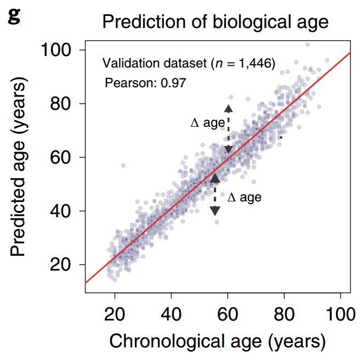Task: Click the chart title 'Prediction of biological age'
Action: point(215,22)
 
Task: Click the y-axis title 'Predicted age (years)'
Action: point(19,166)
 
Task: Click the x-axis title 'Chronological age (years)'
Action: point(218,341)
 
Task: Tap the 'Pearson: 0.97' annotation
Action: point(145,83)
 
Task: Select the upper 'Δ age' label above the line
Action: point(207,123)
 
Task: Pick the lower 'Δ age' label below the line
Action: point(244,198)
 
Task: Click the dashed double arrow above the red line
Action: point(229,128)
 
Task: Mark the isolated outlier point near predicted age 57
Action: point(123,165)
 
